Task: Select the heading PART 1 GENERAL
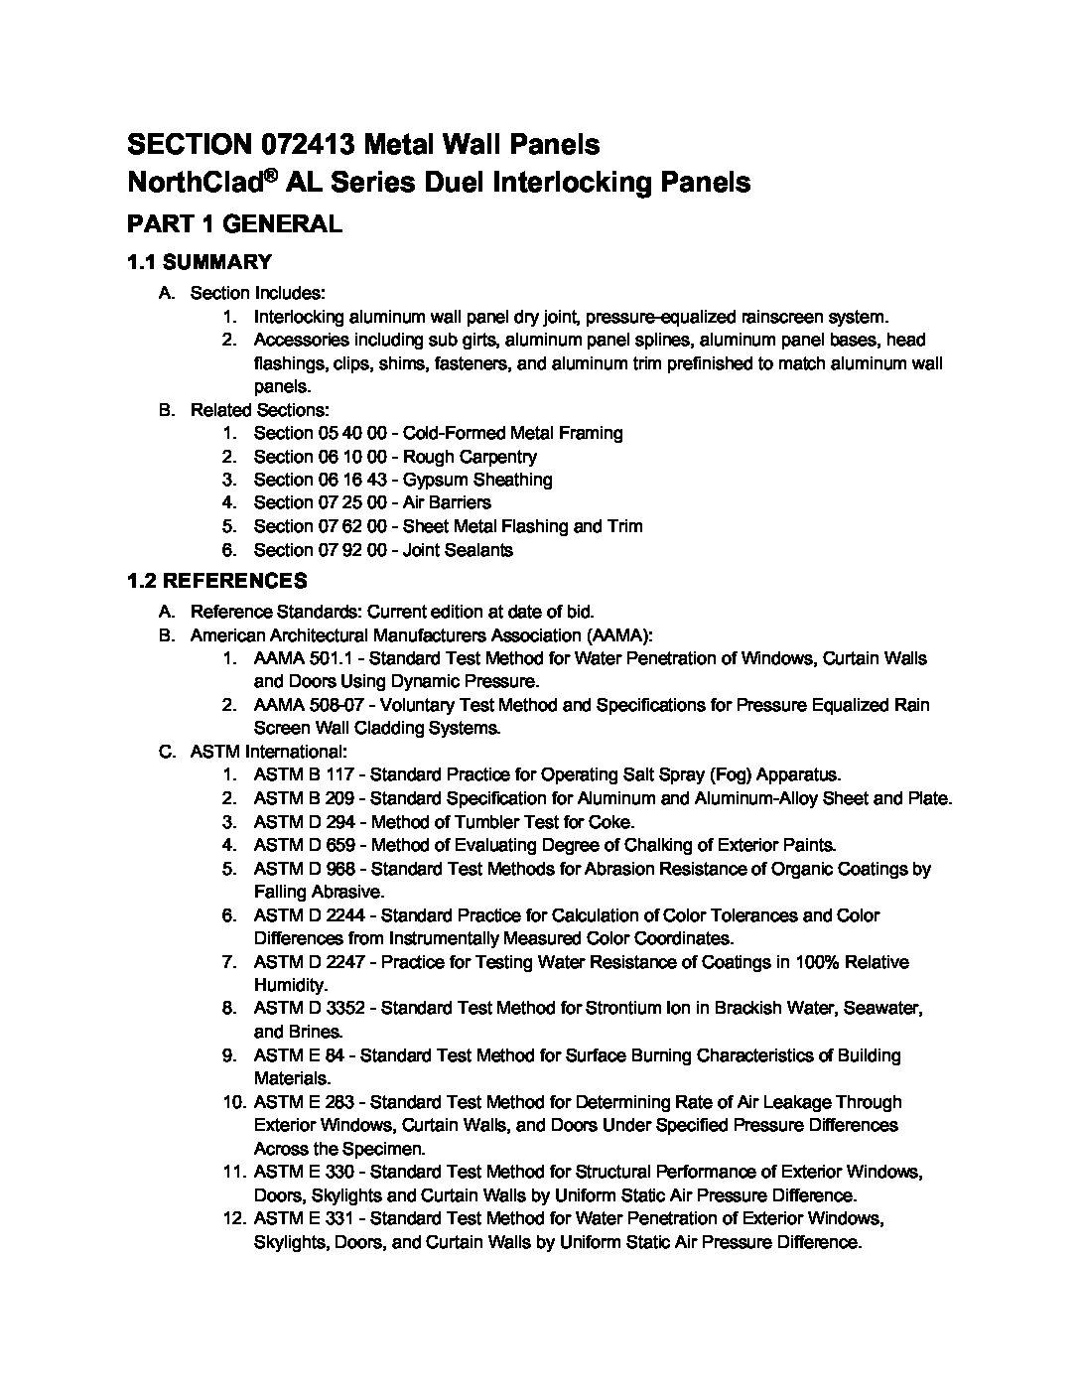[234, 224]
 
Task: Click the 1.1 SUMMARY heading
[200, 262]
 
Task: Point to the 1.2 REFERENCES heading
[217, 580]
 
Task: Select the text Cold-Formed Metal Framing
[513, 433]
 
